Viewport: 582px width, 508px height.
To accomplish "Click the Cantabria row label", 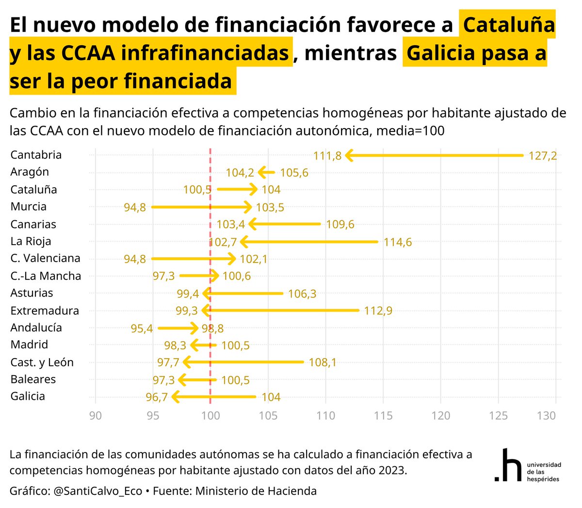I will click(x=36, y=155).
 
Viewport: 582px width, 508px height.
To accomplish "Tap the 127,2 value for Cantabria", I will click(x=542, y=156).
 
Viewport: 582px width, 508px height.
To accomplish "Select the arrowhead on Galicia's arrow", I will click(x=175, y=397).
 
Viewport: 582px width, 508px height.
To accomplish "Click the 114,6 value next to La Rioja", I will click(x=397, y=242).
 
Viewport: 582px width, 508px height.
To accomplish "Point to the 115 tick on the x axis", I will click(x=383, y=415).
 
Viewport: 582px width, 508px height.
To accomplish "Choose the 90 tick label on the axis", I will click(x=96, y=415).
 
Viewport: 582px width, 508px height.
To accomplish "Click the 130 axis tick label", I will click(x=546, y=415).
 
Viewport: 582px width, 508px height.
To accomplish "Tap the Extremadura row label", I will click(x=45, y=311).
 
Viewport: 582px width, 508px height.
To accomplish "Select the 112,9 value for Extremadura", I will click(x=378, y=311).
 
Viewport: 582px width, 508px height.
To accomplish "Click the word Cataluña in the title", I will click(x=509, y=25).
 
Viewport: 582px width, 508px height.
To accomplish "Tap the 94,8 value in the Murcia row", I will click(x=134, y=208).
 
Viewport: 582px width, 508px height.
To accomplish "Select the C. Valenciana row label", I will click(x=45, y=258).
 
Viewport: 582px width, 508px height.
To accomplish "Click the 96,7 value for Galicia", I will click(x=156, y=397).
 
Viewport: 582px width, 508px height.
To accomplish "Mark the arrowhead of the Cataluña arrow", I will click(x=254, y=189).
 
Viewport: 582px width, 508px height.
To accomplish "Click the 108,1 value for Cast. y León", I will click(x=322, y=362).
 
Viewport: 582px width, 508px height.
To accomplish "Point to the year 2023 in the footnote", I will click(x=390, y=470).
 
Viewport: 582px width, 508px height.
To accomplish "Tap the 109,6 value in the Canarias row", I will click(x=340, y=224).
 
